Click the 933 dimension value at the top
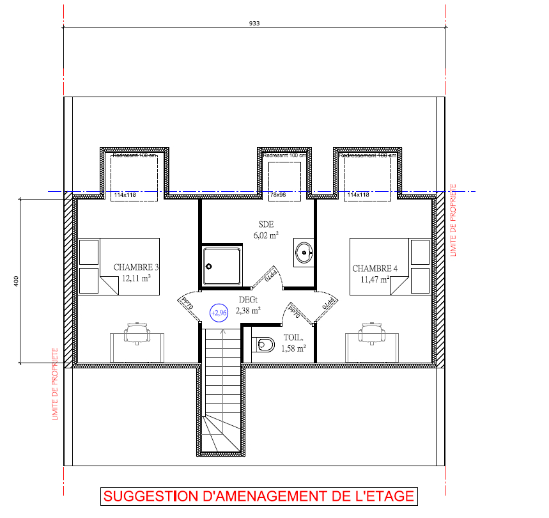(x=254, y=23)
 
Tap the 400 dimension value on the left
(x=16, y=281)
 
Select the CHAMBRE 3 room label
(x=135, y=267)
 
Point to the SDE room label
(x=266, y=224)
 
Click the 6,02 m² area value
(x=266, y=235)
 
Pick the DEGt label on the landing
(x=248, y=300)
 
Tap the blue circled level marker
(x=219, y=313)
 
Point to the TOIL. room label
(x=293, y=338)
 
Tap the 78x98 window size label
(x=277, y=194)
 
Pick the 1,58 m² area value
(x=293, y=349)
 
